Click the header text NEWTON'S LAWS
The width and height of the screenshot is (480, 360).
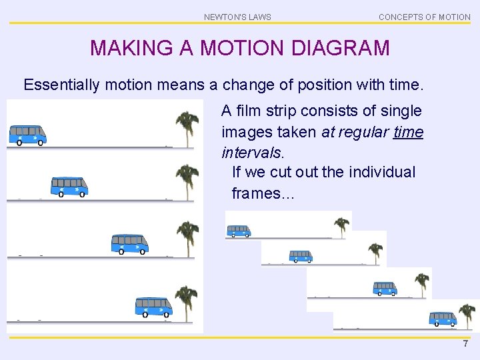237,17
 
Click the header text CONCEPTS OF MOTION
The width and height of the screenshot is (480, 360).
424,17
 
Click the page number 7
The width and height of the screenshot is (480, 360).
466,343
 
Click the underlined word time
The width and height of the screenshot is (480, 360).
408,132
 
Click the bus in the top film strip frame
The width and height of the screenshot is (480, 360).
27,135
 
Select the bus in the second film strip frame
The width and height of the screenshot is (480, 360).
69,186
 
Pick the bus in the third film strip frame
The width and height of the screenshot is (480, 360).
130,243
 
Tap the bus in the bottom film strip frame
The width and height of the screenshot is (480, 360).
154,307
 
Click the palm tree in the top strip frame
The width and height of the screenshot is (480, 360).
186,127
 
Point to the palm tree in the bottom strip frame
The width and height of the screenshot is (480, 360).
186,301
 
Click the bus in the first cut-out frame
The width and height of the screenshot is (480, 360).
238,231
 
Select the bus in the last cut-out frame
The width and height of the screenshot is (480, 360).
443,319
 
